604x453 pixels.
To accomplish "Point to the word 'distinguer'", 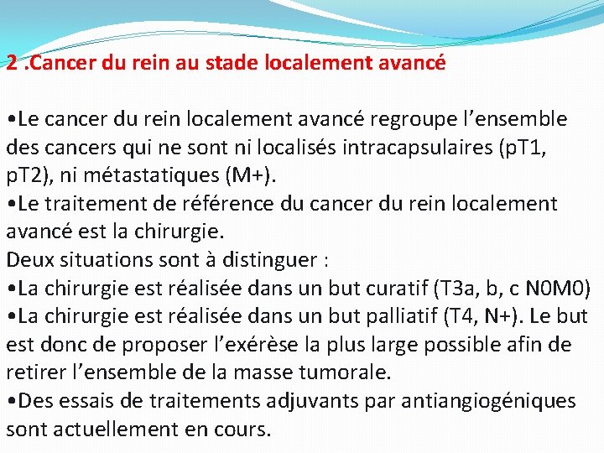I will [x=268, y=260].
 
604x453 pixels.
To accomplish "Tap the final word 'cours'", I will [x=241, y=430].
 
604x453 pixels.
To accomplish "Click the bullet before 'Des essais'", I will [x=10, y=402].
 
